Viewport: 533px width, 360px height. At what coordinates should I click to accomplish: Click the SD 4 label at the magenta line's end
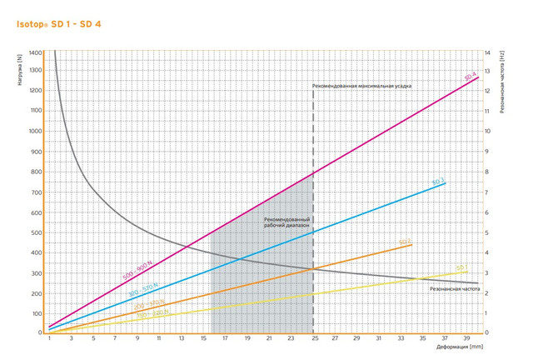470,76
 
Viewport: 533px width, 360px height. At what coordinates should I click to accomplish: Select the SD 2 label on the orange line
405,242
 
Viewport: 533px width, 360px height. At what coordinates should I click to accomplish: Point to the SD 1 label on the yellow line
461,267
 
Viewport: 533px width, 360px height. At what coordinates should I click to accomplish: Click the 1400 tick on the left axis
36,52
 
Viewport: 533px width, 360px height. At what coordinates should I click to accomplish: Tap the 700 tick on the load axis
37,192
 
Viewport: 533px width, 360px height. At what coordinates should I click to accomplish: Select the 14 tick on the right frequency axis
489,52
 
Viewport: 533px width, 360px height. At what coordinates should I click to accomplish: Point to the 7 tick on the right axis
488,192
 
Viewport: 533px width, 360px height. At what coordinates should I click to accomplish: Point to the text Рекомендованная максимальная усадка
361,85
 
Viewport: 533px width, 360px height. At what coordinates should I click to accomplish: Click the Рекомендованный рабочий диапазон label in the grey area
285,222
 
